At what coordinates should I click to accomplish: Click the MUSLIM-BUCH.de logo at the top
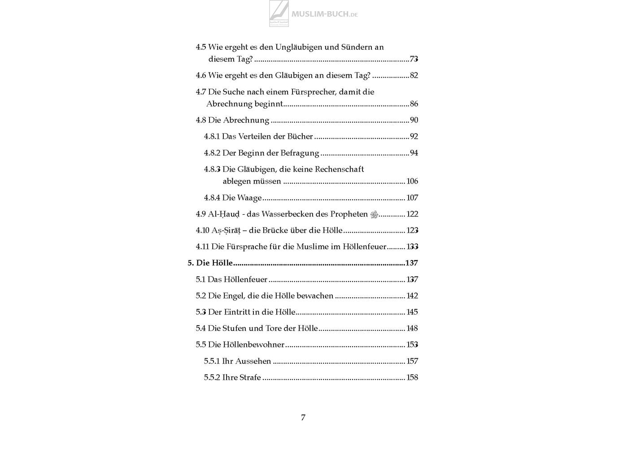(x=314, y=13)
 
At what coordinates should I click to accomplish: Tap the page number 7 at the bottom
(x=303, y=418)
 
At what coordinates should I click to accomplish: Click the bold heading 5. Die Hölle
(x=210, y=263)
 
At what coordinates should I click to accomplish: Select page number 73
(x=414, y=59)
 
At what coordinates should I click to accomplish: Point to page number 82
(x=414, y=75)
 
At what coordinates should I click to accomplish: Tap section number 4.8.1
(x=212, y=136)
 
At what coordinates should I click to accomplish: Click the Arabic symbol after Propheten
(x=374, y=215)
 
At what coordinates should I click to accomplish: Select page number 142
(x=412, y=296)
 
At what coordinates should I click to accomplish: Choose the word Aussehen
(x=253, y=361)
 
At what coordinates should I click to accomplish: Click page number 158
(x=412, y=378)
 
